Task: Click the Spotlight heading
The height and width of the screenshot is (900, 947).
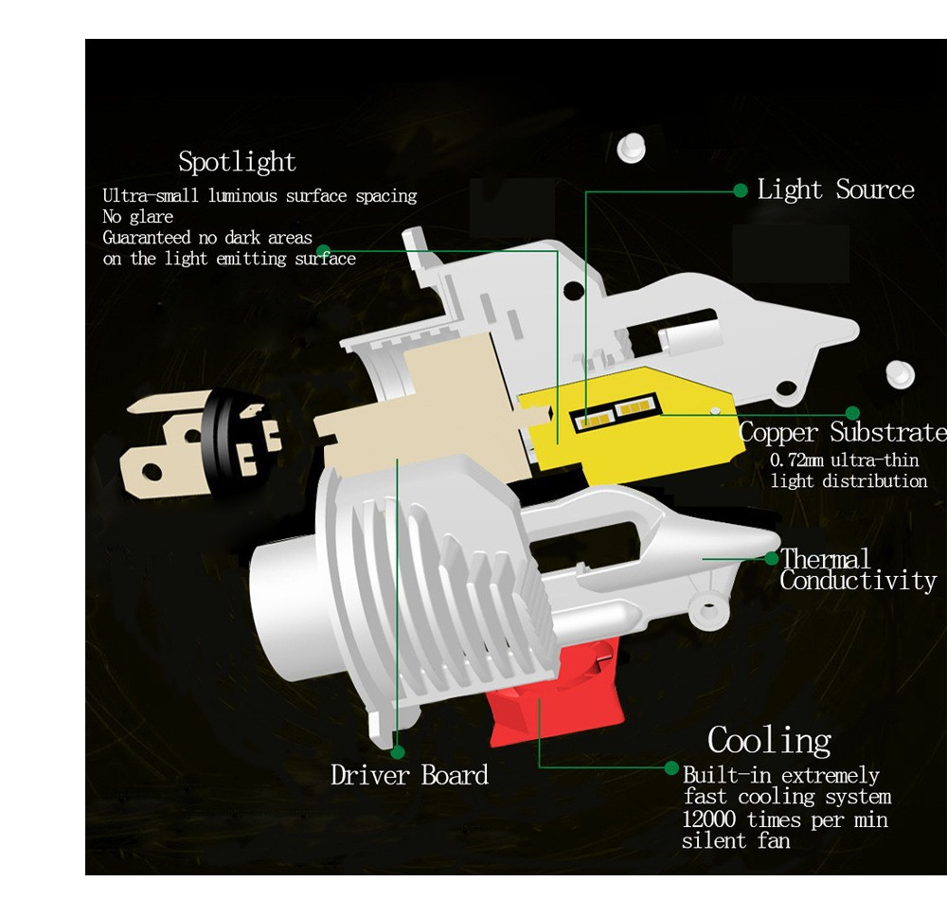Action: [x=237, y=162]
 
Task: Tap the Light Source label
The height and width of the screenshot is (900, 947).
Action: [x=835, y=189]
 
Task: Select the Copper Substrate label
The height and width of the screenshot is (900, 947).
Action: [x=842, y=433]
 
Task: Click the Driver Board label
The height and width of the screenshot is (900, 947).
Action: [x=409, y=775]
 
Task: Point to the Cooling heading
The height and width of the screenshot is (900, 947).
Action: [x=769, y=740]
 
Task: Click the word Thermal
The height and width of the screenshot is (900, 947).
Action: [x=826, y=559]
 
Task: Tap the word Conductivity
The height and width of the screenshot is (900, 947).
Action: [x=858, y=580]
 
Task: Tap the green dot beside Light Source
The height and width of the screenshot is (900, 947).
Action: [x=741, y=190]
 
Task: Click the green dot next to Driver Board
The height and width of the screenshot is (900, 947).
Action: [x=398, y=752]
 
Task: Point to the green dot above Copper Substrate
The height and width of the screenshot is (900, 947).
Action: [x=852, y=413]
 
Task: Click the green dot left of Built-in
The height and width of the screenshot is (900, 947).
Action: [x=672, y=768]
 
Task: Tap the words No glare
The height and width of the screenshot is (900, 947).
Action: [x=138, y=217]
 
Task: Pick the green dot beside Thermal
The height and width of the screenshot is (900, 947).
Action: [x=772, y=559]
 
